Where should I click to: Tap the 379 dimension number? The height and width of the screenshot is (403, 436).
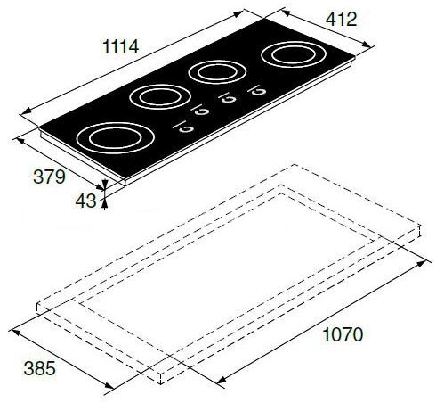click(48, 177)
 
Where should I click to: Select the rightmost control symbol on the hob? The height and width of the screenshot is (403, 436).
click(259, 88)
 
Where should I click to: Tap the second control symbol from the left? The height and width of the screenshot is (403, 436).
click(200, 111)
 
